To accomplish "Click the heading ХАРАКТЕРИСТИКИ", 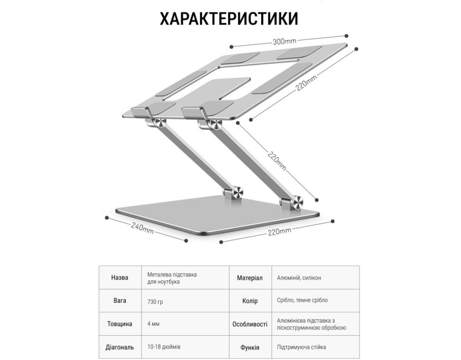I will [x=229, y=19].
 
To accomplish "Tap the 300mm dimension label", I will [x=285, y=42].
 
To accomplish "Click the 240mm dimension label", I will [x=142, y=229].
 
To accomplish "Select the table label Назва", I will [x=119, y=278].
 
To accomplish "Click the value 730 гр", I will [x=155, y=301].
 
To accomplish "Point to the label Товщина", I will [x=119, y=324].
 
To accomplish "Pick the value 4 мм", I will [x=153, y=324].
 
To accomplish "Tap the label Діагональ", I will [x=119, y=347].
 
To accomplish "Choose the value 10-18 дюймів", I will [x=164, y=347].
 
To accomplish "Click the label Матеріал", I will [x=249, y=278].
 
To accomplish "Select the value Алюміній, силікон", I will [x=299, y=278].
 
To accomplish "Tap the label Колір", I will [x=249, y=301].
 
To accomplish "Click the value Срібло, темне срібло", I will [x=302, y=301].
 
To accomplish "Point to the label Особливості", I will [x=249, y=324].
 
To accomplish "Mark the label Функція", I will [x=249, y=347].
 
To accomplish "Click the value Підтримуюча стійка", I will [x=302, y=347].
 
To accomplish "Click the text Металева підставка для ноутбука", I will [x=172, y=278].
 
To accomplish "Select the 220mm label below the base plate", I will [x=279, y=232].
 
